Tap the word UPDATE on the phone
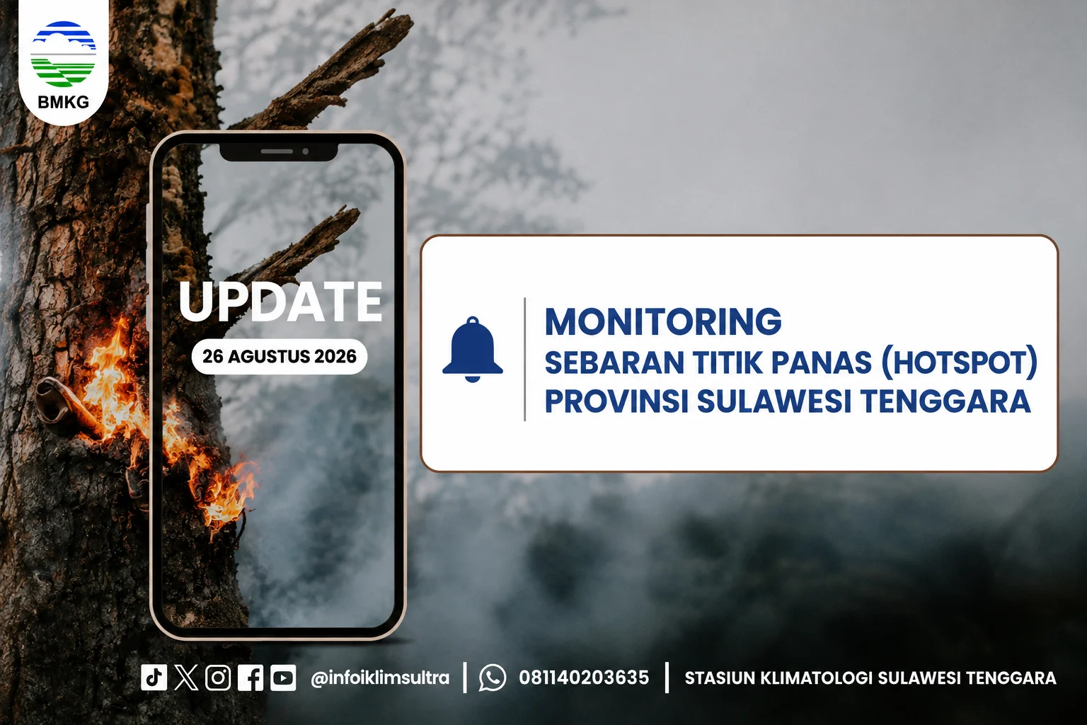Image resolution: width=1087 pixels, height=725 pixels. click(x=280, y=302)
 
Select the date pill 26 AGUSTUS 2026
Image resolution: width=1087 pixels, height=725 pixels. click(x=280, y=356)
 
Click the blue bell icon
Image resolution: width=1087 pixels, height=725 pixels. click(x=473, y=349)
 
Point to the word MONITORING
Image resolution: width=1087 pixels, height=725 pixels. click(x=663, y=321)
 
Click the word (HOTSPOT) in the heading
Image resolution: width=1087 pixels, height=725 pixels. click(x=960, y=362)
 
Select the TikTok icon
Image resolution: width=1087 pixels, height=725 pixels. click(x=154, y=677)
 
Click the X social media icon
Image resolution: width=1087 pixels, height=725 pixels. click(x=186, y=677)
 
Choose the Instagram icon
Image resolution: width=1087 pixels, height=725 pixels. click(x=218, y=677)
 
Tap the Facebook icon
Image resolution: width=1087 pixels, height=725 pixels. click(x=251, y=677)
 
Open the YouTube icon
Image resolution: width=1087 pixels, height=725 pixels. click(x=283, y=677)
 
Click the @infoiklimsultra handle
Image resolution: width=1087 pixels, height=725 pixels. click(x=380, y=678)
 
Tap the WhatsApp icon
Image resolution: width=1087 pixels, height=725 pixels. click(x=493, y=677)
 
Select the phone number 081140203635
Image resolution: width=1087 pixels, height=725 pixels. click(x=584, y=678)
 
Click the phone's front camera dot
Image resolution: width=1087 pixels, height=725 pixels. click(x=305, y=152)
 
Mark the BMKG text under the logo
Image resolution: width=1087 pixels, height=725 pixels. click(x=64, y=102)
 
